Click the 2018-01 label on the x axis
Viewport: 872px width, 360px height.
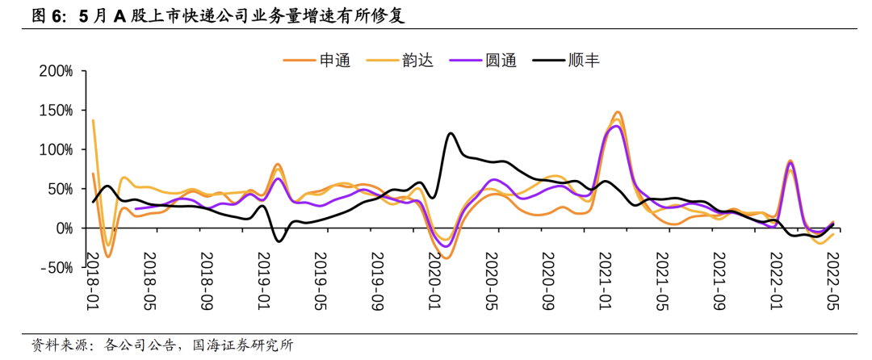[94, 279]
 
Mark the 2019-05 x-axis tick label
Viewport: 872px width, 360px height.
[321, 279]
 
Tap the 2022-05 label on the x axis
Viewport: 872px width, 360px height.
[832, 279]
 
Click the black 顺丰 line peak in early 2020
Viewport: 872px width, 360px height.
[450, 133]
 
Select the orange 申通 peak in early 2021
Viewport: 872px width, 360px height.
[617, 112]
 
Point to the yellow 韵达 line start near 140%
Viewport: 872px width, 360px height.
[94, 120]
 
